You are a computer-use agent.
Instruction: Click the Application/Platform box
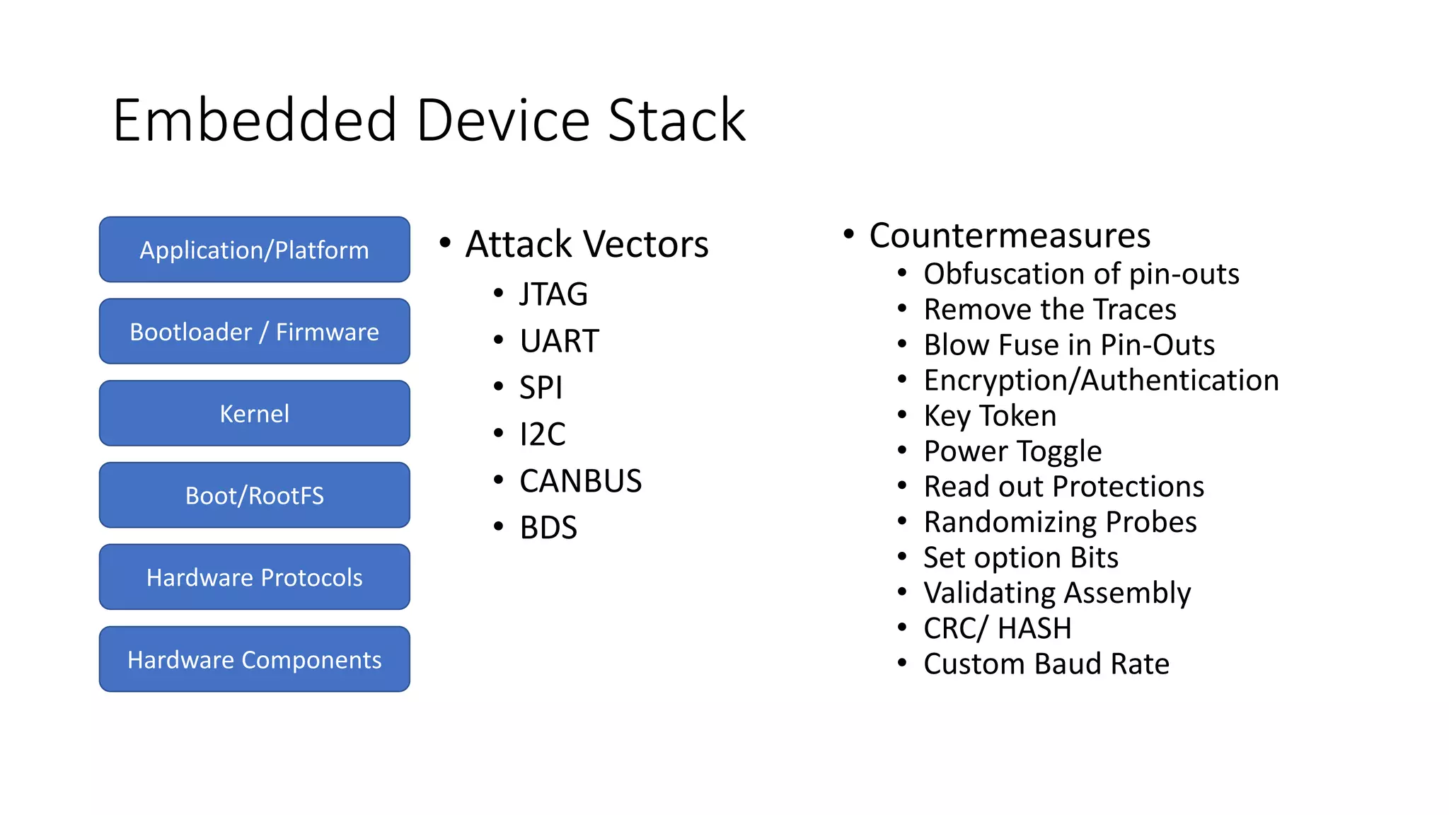[254, 250]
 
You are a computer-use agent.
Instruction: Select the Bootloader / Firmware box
[254, 332]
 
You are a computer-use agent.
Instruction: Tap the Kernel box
[254, 414]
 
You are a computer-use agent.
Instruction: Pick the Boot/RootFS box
[254, 495]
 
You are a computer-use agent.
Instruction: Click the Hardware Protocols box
[254, 577]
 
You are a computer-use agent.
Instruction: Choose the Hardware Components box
[254, 659]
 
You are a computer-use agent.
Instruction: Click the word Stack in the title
[676, 121]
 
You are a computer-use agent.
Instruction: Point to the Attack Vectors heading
[587, 244]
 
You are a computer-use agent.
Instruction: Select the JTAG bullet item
[553, 294]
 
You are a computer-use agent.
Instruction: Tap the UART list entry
[559, 341]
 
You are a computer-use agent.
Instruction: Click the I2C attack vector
[542, 434]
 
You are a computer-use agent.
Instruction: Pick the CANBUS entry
[580, 481]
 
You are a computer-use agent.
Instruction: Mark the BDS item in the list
[548, 528]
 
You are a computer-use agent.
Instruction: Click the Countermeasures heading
[1010, 236]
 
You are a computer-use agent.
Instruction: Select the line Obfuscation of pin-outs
[1081, 274]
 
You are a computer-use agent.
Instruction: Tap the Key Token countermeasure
[990, 416]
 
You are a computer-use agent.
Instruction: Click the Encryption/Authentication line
[1101, 381]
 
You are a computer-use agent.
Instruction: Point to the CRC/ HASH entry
[997, 628]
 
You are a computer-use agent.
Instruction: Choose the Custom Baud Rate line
[1046, 664]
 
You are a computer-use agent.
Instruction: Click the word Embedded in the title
[255, 121]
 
